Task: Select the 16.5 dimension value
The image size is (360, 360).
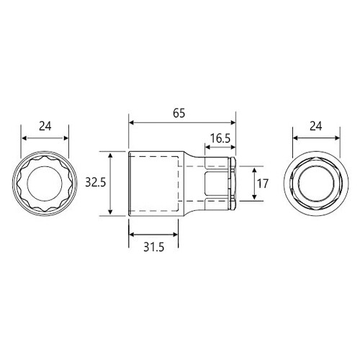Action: click(220, 138)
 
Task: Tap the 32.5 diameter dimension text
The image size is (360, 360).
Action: click(94, 183)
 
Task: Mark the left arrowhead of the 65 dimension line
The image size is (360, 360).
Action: click(131, 122)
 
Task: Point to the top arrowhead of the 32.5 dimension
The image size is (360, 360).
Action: click(110, 154)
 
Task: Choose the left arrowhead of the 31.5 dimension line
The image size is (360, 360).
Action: click(131, 234)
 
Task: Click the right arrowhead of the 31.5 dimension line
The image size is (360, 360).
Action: click(178, 234)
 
